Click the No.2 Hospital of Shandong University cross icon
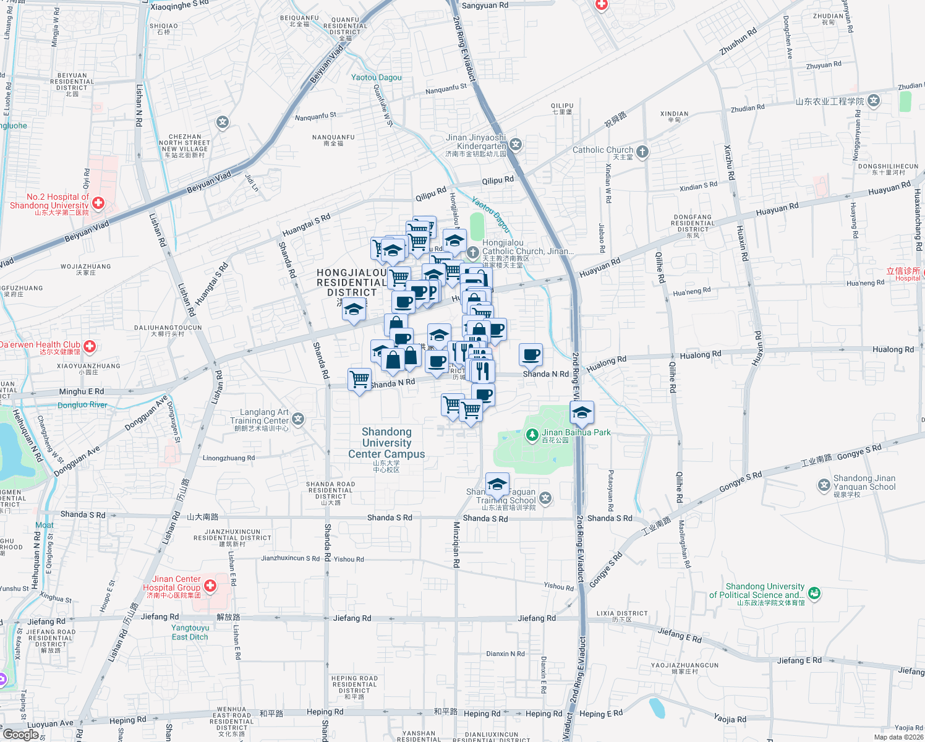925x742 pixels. tap(98, 202)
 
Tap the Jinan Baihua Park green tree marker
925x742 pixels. tap(532, 435)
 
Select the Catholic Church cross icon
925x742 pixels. tap(642, 151)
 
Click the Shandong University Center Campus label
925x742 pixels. tap(386, 443)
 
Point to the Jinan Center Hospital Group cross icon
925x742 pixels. tap(210, 585)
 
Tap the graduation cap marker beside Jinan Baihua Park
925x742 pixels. tap(582, 413)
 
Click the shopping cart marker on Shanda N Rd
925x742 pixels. tap(359, 378)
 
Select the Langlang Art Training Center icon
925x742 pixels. tap(298, 420)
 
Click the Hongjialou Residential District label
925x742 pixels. tap(352, 282)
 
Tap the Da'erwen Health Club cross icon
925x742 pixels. tap(90, 346)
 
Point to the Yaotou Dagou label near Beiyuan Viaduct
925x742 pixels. tap(376, 77)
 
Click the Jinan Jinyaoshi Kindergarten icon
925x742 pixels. tap(516, 145)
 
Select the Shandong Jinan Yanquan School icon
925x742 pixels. tap(824, 485)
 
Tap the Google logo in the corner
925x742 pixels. tap(20, 735)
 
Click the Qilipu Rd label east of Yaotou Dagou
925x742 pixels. tap(498, 180)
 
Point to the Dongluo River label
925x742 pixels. tap(82, 405)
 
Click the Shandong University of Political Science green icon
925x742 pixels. tap(814, 593)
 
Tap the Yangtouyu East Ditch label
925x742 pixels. tap(190, 632)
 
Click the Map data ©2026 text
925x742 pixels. tap(898, 737)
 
